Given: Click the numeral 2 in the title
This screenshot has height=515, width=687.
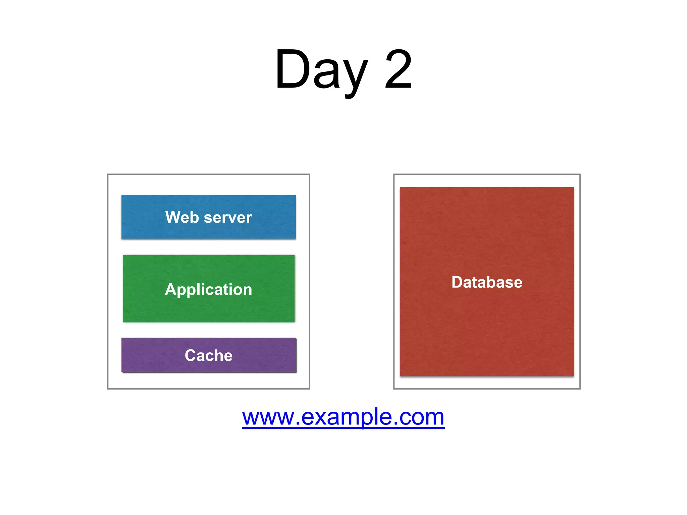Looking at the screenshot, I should tap(398, 70).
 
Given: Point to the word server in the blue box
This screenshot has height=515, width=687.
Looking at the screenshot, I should tap(228, 218).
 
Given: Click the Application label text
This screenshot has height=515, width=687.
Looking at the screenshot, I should tap(209, 289).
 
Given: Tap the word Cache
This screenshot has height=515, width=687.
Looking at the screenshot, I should tap(209, 355).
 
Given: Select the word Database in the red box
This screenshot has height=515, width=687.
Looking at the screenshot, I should tap(487, 282).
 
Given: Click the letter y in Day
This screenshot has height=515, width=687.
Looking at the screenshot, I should tap(355, 75).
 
